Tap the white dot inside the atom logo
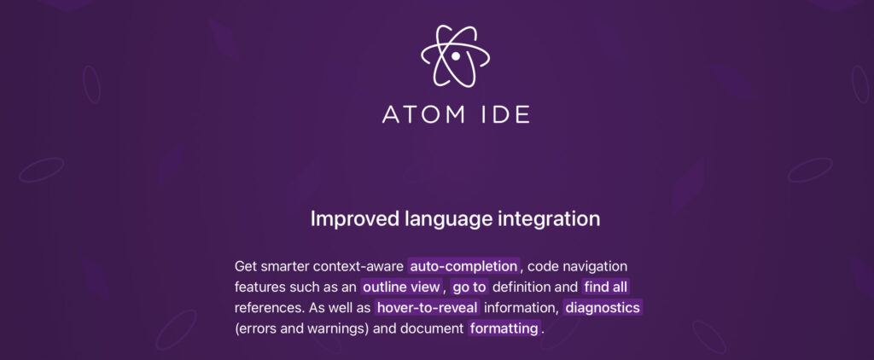[456, 56]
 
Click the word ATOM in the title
[423, 113]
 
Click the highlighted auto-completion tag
[463, 266]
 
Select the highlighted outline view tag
[401, 287]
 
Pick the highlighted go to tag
[469, 287]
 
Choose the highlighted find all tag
[606, 287]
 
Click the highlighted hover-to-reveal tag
[428, 308]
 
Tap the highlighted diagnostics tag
[603, 308]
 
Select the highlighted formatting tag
[504, 328]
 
